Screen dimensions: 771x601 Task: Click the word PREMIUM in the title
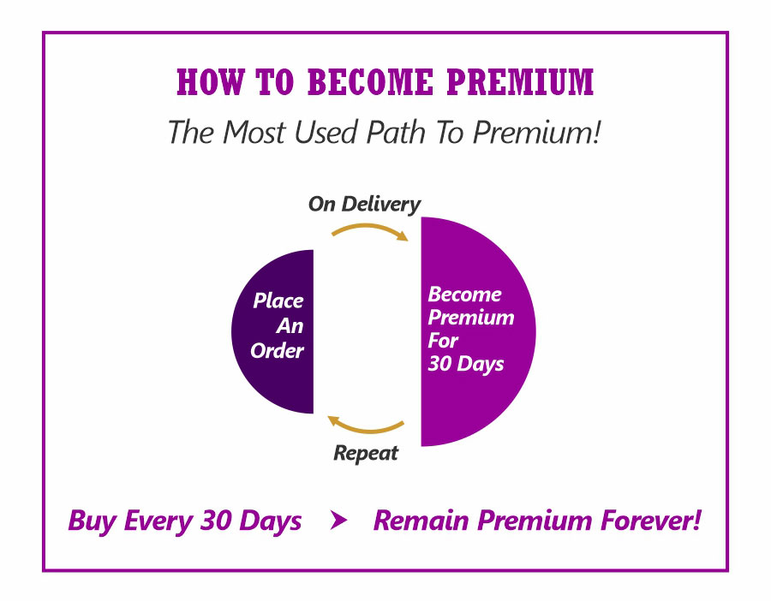[520, 81]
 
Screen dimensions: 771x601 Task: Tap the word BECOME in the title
[370, 81]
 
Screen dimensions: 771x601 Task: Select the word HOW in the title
[211, 81]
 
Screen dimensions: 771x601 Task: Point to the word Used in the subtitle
[326, 132]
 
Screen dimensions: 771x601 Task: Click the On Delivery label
[364, 205]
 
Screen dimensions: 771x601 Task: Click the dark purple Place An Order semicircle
[272, 331]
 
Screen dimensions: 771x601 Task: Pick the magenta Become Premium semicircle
[478, 331]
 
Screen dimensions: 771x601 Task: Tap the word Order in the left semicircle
[277, 351]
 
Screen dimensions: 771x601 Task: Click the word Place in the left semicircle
[278, 300]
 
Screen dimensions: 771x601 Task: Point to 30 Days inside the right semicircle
[466, 365]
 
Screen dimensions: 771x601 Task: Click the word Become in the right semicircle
[464, 295]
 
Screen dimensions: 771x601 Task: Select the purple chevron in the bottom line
[338, 520]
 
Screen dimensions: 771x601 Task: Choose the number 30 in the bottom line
[216, 521]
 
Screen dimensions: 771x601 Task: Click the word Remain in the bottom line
[421, 521]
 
